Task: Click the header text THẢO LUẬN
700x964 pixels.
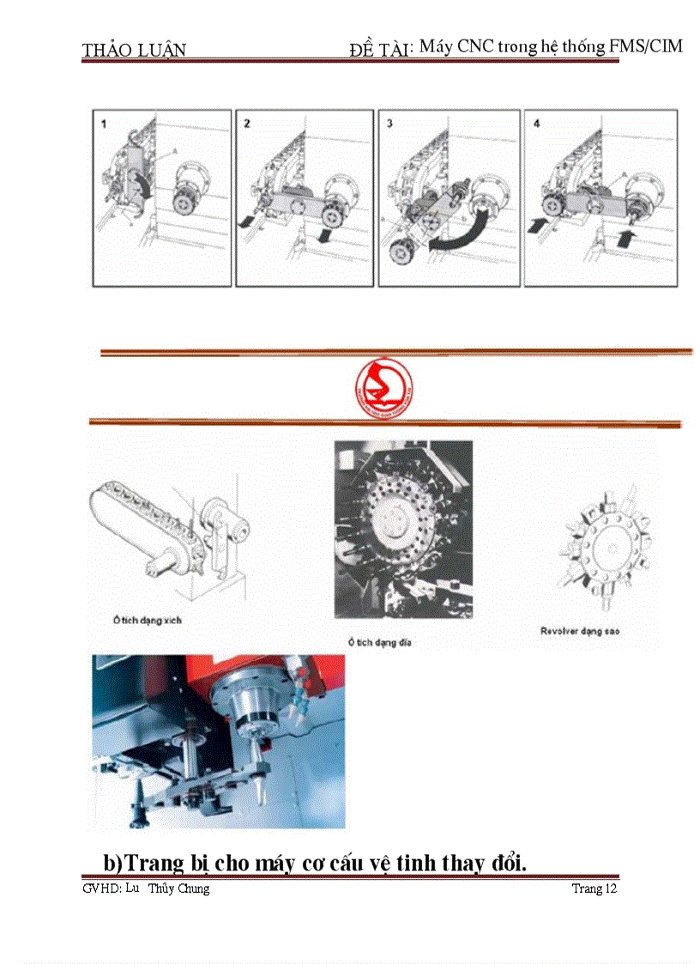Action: (134, 50)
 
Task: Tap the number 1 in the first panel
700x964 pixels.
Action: (105, 124)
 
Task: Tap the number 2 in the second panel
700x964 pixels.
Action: (247, 124)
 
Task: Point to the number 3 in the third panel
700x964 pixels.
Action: (389, 124)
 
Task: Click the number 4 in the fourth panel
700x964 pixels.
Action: (536, 124)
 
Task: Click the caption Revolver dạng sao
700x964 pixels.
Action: (580, 631)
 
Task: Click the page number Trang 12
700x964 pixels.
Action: (594, 888)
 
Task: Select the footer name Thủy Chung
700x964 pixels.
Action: (178, 888)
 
